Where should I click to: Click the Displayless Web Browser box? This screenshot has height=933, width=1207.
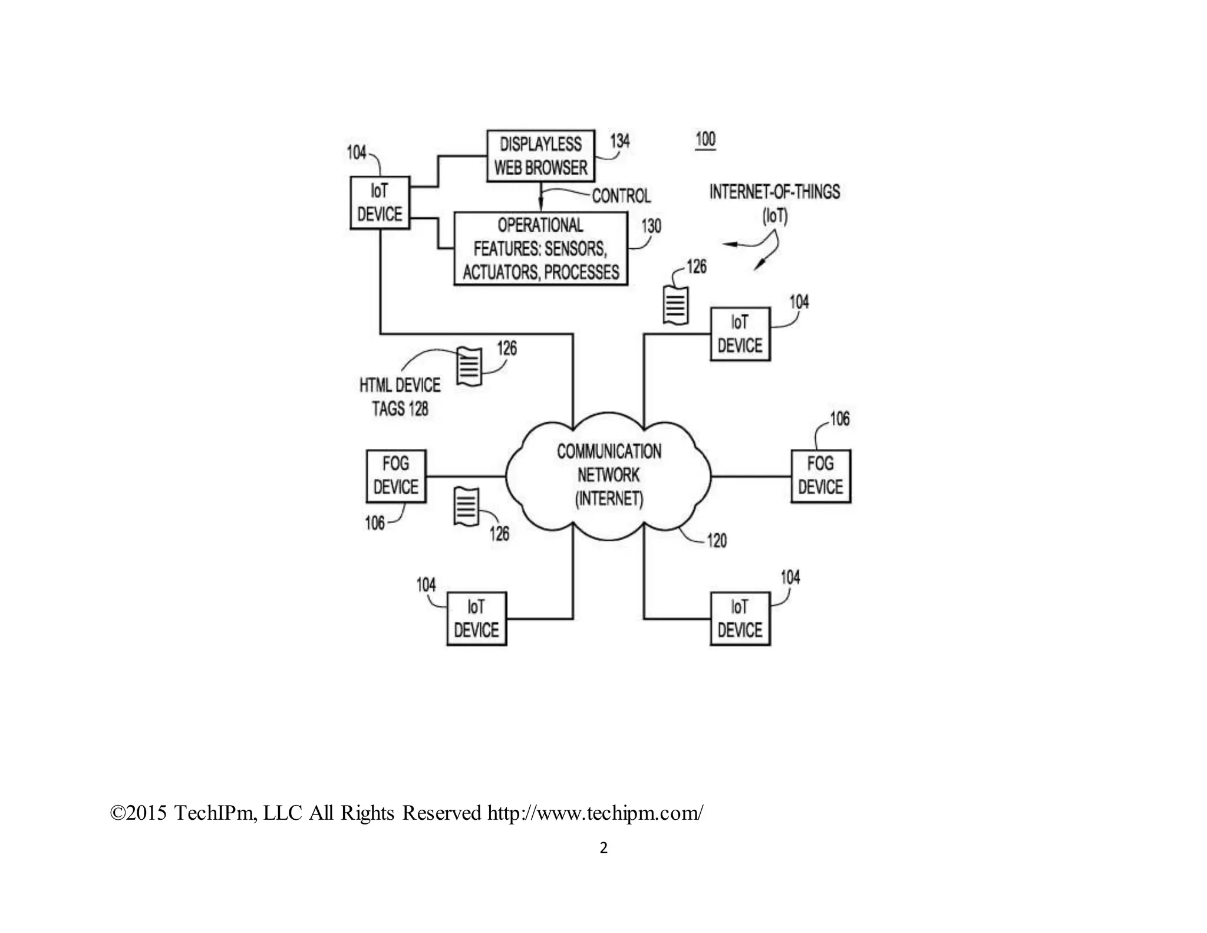pyautogui.click(x=540, y=156)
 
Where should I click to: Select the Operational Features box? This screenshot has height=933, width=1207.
pyautogui.click(x=540, y=248)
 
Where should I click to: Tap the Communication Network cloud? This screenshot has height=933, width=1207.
pyautogui.click(x=609, y=475)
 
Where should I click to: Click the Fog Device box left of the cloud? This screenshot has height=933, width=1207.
pyautogui.click(x=396, y=475)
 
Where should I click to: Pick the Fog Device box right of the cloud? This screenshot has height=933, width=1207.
pyautogui.click(x=820, y=475)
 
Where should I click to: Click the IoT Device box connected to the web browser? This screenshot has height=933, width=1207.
pyautogui.click(x=380, y=202)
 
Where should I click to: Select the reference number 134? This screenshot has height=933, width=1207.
pyautogui.click(x=619, y=142)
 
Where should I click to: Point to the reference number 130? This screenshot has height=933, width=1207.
pyautogui.click(x=651, y=226)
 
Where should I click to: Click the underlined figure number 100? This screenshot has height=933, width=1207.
pyautogui.click(x=705, y=140)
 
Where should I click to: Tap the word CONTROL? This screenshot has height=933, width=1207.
pyautogui.click(x=621, y=196)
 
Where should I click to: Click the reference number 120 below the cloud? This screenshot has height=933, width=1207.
pyautogui.click(x=716, y=540)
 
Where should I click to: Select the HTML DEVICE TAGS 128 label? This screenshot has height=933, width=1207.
pyautogui.click(x=400, y=397)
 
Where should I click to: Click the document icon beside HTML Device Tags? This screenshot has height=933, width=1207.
pyautogui.click(x=470, y=367)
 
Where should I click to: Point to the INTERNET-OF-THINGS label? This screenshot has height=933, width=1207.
pyautogui.click(x=774, y=192)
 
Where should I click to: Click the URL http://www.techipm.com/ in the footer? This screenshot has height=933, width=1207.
pyautogui.click(x=595, y=813)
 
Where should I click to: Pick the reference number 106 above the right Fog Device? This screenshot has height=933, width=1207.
pyautogui.click(x=840, y=419)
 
